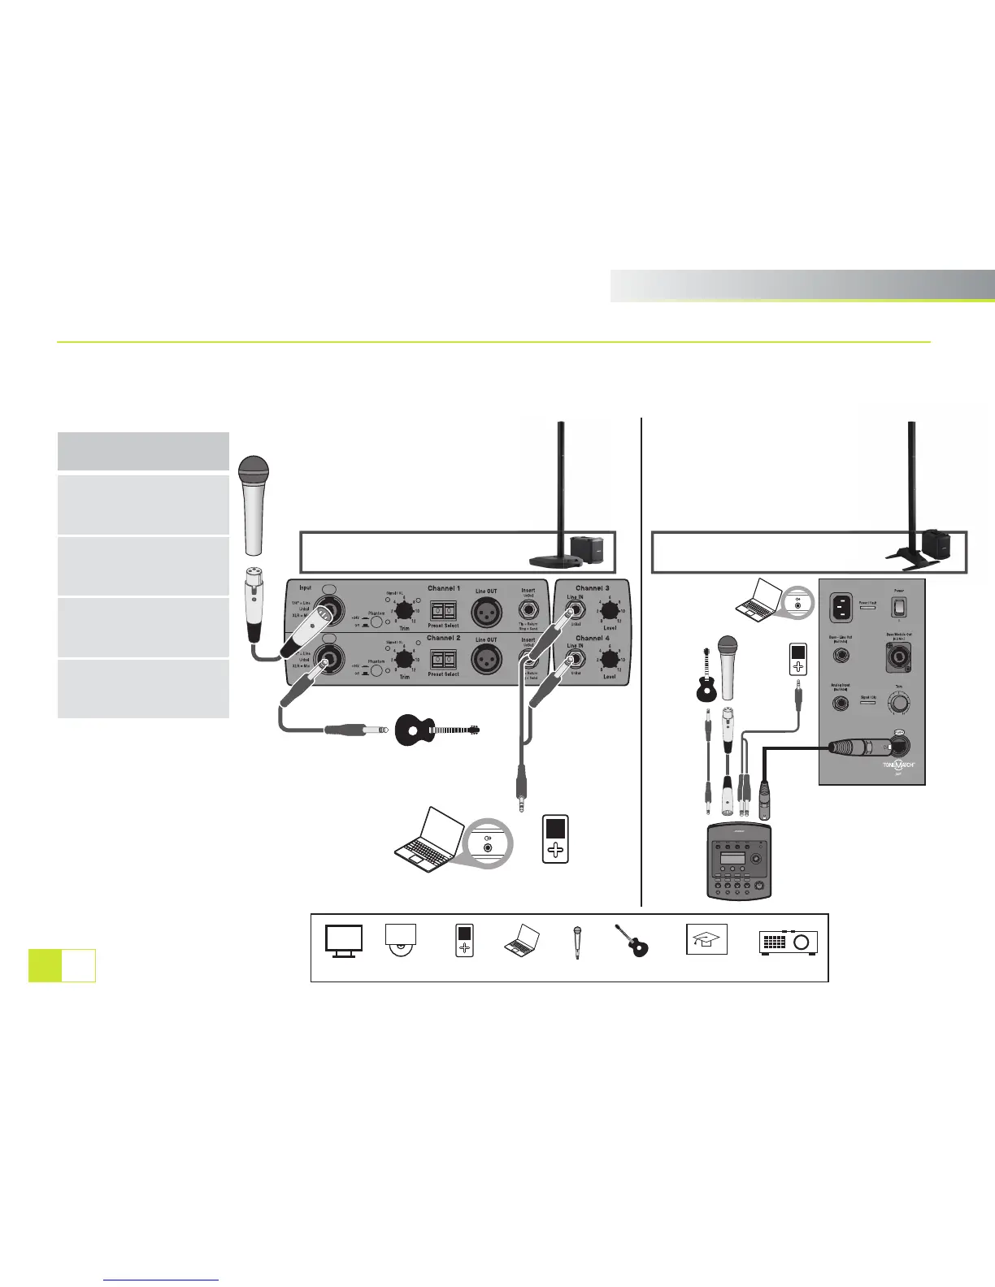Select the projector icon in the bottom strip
click(789, 942)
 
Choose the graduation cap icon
click(706, 939)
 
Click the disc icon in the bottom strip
click(401, 938)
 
